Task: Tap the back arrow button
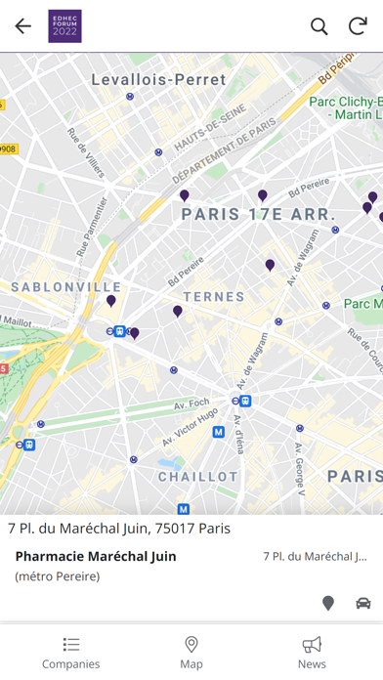point(22,26)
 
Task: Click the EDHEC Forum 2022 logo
point(64,26)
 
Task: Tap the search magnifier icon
point(319,26)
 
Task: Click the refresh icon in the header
point(359,26)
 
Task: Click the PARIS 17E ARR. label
point(258,214)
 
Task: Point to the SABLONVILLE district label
point(66,287)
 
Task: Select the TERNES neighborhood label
point(214,296)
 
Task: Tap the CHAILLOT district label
point(198,477)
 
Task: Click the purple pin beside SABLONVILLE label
point(111,302)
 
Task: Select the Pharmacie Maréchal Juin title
point(96,556)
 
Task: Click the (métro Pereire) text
point(58,576)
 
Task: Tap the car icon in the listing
point(363,603)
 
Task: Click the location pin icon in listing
point(328,603)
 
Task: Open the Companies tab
point(70,653)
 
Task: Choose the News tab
point(312,653)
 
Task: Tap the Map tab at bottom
point(191,653)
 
